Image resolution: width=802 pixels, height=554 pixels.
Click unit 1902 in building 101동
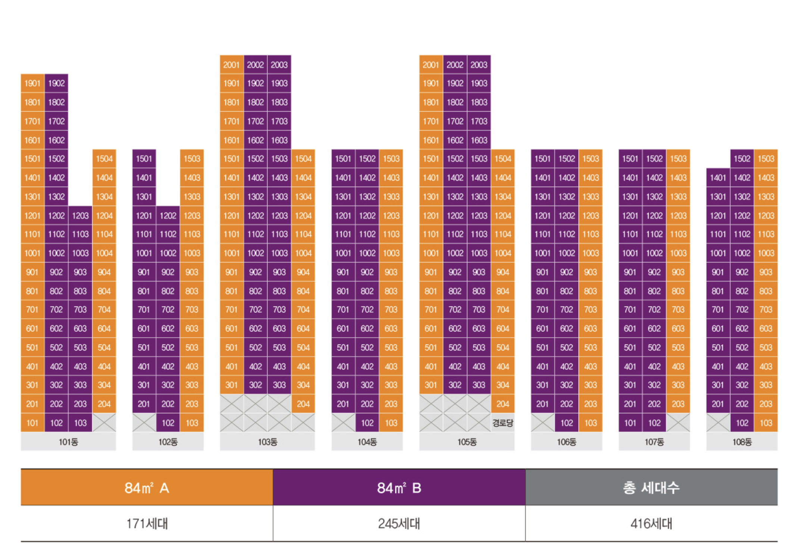[56, 83]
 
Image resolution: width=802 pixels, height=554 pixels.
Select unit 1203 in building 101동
[80, 215]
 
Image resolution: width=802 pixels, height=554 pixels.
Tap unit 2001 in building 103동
[231, 64]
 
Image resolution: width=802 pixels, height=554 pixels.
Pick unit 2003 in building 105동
[479, 64]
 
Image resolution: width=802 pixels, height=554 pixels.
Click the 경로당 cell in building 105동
[502, 423]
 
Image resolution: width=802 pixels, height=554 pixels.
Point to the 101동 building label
[68, 442]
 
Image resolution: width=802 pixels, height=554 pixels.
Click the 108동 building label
[742, 442]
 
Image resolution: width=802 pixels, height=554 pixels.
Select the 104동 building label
[367, 442]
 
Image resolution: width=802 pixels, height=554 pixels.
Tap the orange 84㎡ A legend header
[147, 488]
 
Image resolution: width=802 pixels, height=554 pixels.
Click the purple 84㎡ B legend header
[399, 488]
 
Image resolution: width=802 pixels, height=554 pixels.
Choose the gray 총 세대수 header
[651, 488]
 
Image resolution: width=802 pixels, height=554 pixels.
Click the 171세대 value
[147, 523]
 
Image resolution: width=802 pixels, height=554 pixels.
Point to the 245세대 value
[399, 523]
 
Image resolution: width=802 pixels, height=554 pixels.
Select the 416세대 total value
[651, 523]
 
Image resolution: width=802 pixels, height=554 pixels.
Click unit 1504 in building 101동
[104, 159]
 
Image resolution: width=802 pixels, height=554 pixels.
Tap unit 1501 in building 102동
[144, 159]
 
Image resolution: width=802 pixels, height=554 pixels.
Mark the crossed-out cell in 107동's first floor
[678, 423]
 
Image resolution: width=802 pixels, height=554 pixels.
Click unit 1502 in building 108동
[742, 159]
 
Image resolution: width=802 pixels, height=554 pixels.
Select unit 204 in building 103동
[303, 404]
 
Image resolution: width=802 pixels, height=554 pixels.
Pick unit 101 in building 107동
[630, 423]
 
